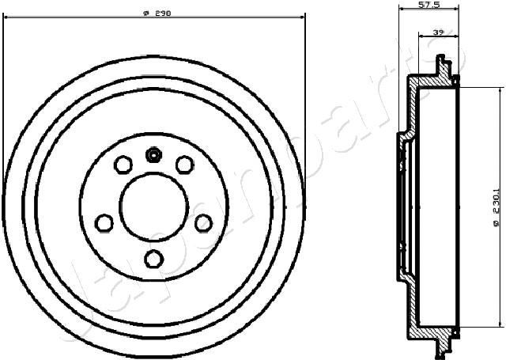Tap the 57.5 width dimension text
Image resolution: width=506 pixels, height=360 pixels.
point(429,6)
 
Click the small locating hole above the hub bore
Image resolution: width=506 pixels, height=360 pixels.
point(153,154)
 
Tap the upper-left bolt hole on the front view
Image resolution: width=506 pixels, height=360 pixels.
point(123,165)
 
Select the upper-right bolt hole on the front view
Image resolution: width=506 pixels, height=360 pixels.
point(184,165)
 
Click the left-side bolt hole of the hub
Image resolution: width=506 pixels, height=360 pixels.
point(104,222)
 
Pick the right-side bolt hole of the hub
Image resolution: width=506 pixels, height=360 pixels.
point(203,222)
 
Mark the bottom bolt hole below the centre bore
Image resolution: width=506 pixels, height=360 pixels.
point(154,258)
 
